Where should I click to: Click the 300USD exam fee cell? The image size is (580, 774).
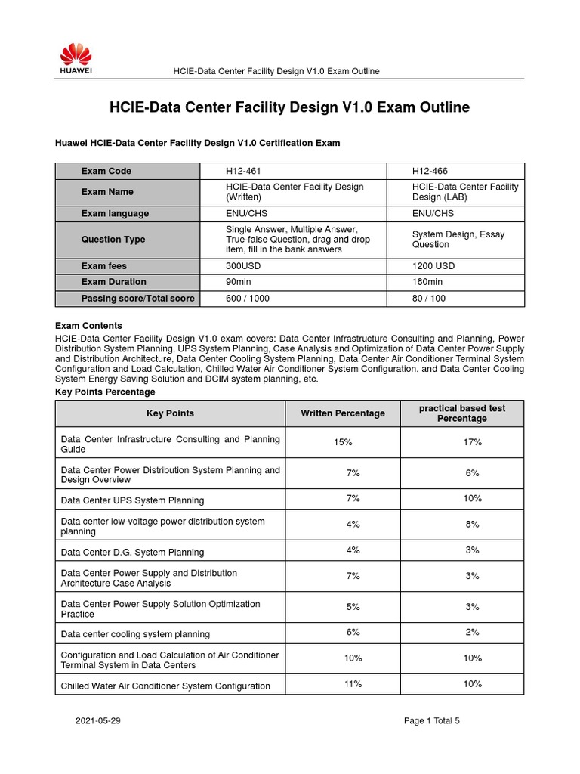coord(245,266)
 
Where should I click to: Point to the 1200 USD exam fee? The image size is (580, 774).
coord(433,266)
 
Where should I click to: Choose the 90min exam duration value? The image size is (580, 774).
coord(239,282)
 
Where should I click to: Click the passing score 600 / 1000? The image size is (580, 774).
coord(248,299)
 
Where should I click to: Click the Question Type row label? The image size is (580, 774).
coord(113,240)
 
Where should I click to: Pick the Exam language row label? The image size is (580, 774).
coord(115,213)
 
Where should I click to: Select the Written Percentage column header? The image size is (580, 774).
coord(342,413)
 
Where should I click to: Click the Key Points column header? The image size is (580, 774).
coord(170,413)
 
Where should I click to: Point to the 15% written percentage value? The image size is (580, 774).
coord(342,442)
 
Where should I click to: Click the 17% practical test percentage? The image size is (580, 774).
coord(472,442)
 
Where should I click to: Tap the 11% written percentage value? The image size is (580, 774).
coord(353,684)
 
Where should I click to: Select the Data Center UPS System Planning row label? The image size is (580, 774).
coord(132,500)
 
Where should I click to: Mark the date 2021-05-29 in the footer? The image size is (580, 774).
coord(97,721)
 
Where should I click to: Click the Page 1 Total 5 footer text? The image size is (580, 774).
coord(431,721)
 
